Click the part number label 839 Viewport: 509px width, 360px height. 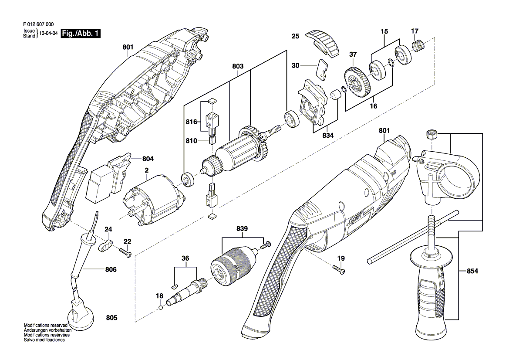coord(242,229)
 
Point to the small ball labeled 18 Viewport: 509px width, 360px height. coord(161,308)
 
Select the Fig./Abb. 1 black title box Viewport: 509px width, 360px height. coord(81,33)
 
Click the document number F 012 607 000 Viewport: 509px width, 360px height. coord(39,25)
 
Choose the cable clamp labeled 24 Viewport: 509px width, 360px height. coord(106,245)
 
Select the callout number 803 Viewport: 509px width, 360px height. coord(238,67)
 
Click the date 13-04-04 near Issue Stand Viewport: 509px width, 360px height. coord(48,34)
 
